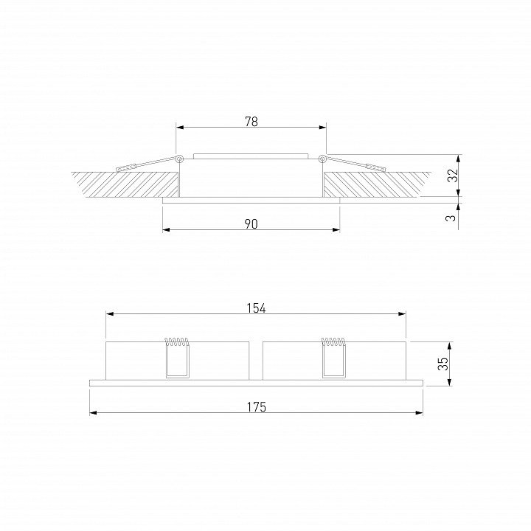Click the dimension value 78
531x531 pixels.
click(251, 122)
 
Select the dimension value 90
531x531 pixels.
click(251, 224)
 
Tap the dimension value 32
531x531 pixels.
click(453, 175)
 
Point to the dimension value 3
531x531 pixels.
click(451, 218)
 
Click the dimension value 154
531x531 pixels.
click(256, 308)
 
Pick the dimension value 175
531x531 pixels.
click(257, 407)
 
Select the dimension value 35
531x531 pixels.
click(443, 364)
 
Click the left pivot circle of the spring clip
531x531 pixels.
click(179, 159)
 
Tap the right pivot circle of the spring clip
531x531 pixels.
click(322, 159)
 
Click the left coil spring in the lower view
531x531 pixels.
click(176, 341)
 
